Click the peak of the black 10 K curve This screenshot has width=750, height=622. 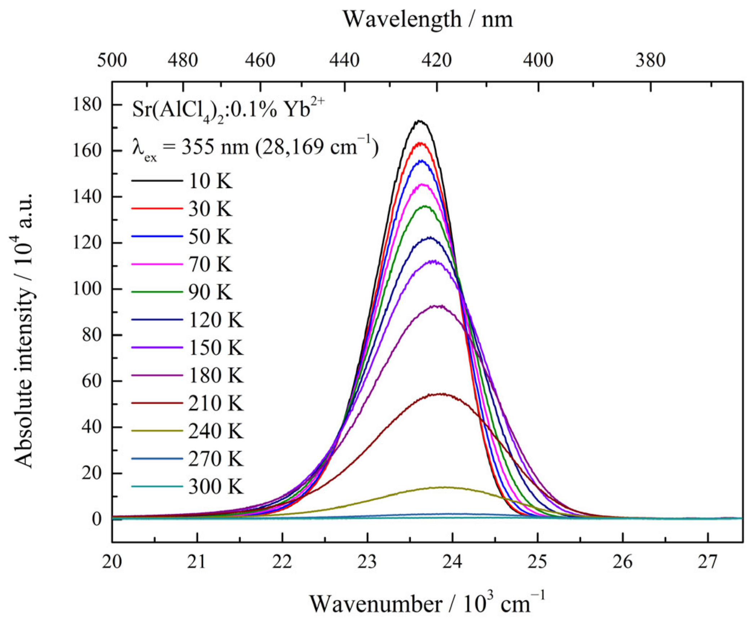[x=419, y=121]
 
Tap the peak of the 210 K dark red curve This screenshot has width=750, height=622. [x=441, y=394]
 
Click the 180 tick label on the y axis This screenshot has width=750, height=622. [x=87, y=105]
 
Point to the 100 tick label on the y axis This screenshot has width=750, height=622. [x=87, y=289]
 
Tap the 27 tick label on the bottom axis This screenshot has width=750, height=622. [x=707, y=562]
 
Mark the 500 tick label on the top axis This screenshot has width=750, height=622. [x=112, y=60]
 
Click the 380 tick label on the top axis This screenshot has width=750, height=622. [x=650, y=60]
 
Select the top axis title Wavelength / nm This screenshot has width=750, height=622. [x=427, y=19]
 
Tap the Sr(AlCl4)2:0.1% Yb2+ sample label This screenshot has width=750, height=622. [x=228, y=110]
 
